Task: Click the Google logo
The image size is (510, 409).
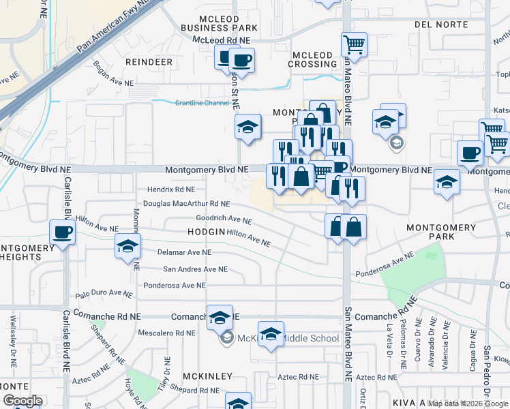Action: click(x=22, y=401)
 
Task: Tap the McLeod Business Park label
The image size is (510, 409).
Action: click(x=219, y=22)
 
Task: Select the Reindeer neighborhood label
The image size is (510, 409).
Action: click(x=149, y=61)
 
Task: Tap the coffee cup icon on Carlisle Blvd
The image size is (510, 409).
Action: click(x=63, y=232)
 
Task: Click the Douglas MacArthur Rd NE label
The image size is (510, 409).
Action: click(x=186, y=204)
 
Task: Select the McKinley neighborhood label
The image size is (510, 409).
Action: click(x=207, y=376)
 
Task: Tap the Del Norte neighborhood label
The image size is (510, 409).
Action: click(x=440, y=25)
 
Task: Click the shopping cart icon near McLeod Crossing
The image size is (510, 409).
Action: click(x=354, y=45)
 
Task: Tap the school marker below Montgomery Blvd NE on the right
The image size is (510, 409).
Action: click(x=447, y=182)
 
